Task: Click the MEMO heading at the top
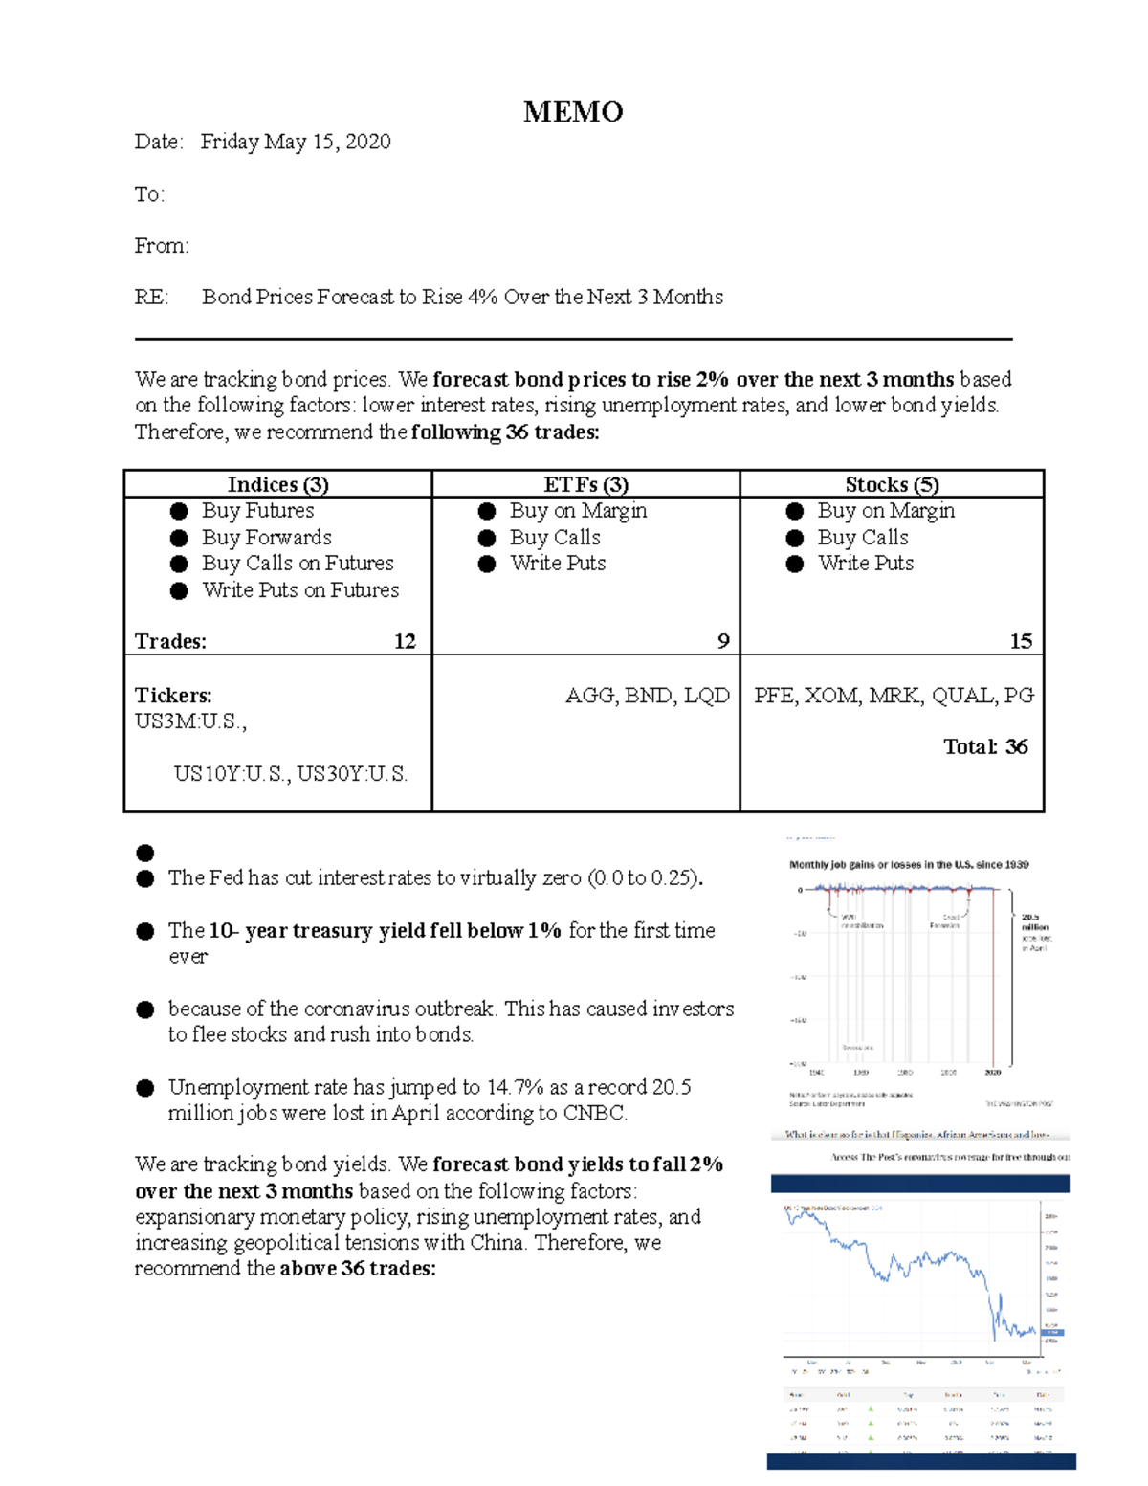point(573,112)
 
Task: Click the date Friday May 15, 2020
point(296,142)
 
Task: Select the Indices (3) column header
point(277,484)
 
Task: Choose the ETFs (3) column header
point(585,484)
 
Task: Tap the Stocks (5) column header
point(892,484)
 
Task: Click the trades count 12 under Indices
point(405,641)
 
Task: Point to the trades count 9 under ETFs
point(723,641)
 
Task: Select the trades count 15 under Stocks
point(1021,641)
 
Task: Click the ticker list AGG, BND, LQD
point(648,696)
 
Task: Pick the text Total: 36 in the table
point(985,746)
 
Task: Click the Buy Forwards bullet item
point(266,538)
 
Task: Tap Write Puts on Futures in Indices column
point(300,590)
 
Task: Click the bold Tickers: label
point(173,696)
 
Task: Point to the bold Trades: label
point(170,641)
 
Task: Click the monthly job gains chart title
point(908,864)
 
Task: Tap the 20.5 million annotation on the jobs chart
point(1034,922)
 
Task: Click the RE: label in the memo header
point(151,297)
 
